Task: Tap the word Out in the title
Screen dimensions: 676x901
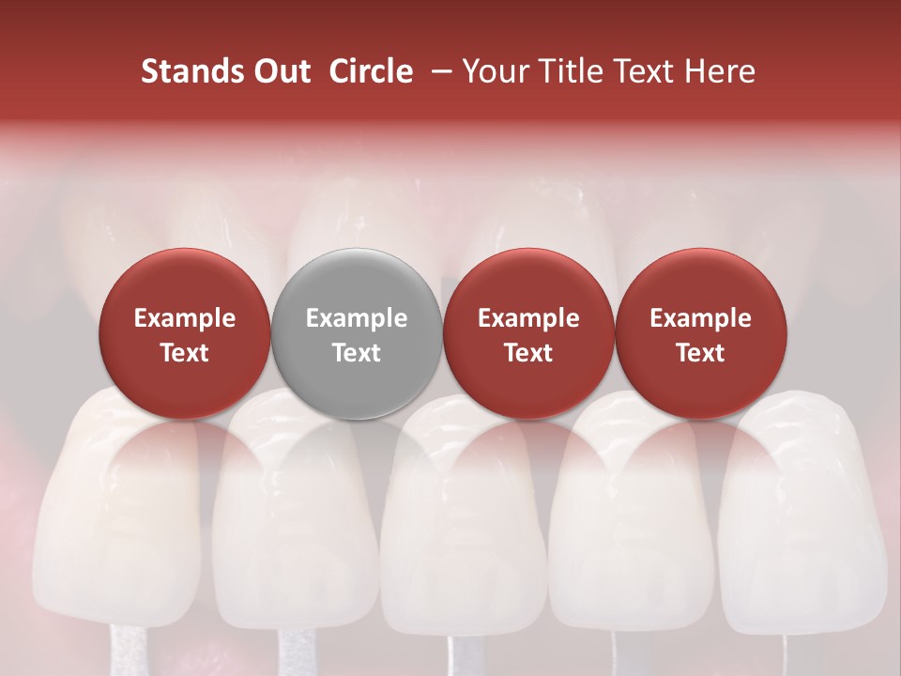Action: pos(280,71)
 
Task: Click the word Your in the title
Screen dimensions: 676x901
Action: pos(494,72)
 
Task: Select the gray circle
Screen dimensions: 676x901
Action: pos(357,333)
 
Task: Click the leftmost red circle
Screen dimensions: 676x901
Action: pos(185,333)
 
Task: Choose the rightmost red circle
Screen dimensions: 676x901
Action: pos(700,333)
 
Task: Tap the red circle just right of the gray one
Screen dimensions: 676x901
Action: pos(528,333)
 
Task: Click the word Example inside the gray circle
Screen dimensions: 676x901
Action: pos(357,318)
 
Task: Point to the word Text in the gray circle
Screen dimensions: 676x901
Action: pos(357,353)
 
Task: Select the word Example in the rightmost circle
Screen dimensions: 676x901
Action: pos(700,318)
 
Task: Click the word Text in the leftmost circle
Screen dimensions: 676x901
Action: pos(185,353)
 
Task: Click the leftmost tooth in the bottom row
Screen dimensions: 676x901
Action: pos(122,516)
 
